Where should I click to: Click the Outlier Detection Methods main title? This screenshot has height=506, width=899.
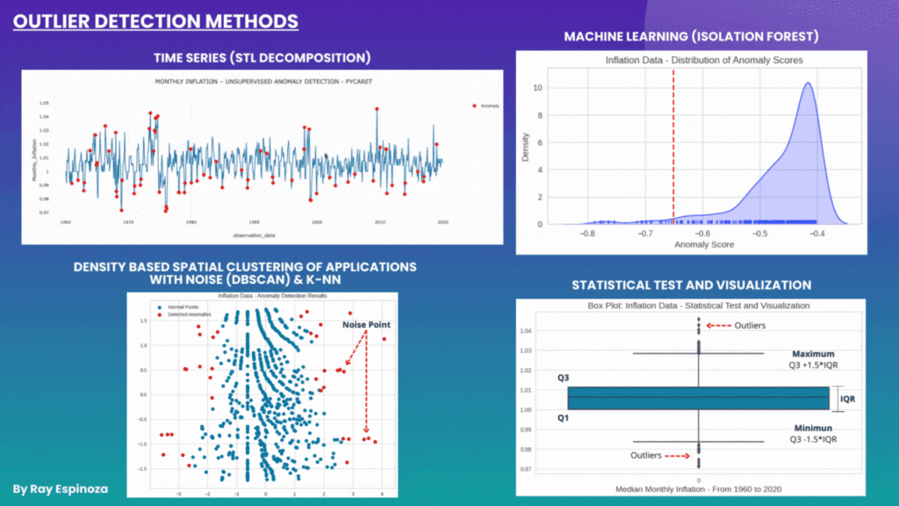pyautogui.click(x=155, y=20)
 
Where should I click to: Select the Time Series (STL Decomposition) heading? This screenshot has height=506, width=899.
pyautogui.click(x=262, y=58)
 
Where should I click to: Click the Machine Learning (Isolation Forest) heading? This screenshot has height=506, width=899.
pyautogui.click(x=692, y=37)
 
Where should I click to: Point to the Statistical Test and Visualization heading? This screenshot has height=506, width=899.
pyautogui.click(x=691, y=285)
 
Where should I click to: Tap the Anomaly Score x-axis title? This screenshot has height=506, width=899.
pyautogui.click(x=702, y=244)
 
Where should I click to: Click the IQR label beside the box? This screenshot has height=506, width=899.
pyautogui.click(x=848, y=398)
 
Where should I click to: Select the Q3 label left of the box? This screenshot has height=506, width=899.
pyautogui.click(x=563, y=379)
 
